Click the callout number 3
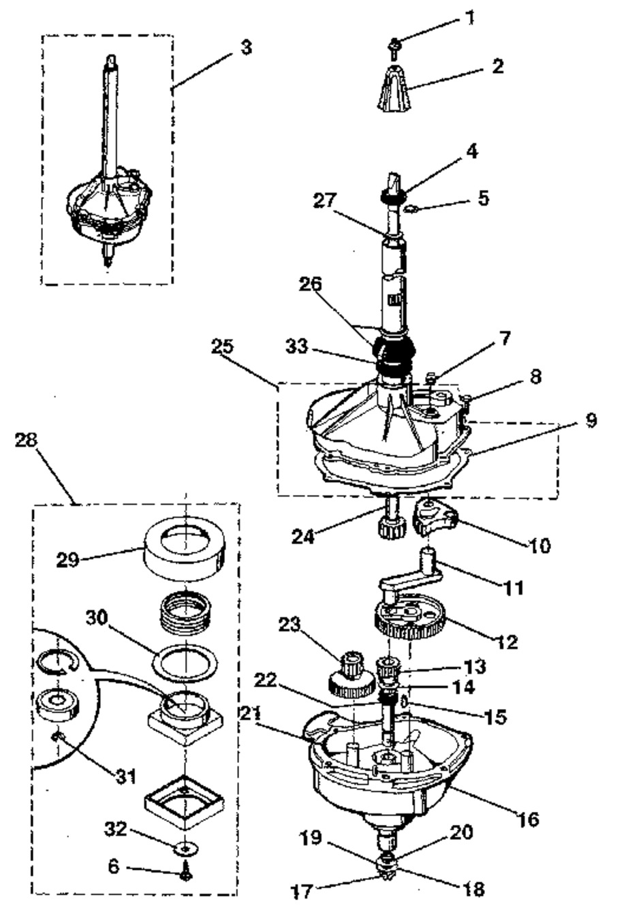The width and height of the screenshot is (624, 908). coord(246,48)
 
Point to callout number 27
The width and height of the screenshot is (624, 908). coord(325,200)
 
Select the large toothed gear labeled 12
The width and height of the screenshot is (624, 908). coord(409,619)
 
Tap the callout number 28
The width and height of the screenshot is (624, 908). coord(27,440)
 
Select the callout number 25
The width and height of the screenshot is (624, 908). coord(223,347)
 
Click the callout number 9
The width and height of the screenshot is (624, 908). coord(591,420)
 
